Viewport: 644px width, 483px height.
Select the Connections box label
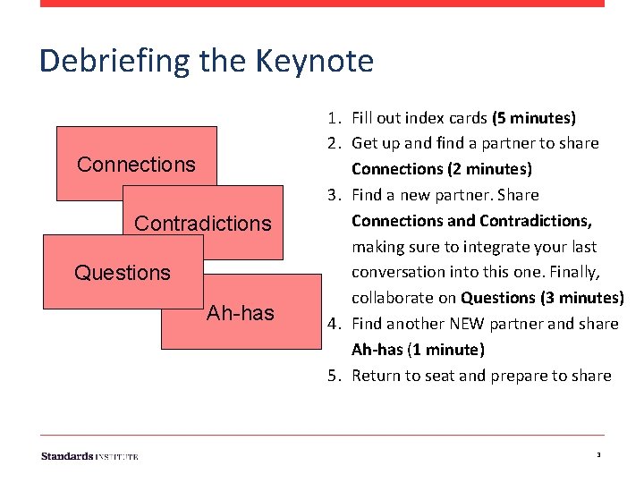(x=136, y=165)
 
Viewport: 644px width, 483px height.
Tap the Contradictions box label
(x=202, y=223)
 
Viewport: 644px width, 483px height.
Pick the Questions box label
(x=123, y=272)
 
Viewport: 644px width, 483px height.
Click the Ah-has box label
(x=241, y=313)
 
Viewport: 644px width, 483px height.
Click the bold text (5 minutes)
(x=533, y=117)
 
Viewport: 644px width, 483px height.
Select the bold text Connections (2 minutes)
(x=441, y=169)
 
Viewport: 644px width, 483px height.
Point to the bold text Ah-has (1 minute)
(x=418, y=350)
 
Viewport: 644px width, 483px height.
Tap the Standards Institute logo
(x=89, y=456)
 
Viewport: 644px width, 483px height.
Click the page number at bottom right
(x=597, y=456)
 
